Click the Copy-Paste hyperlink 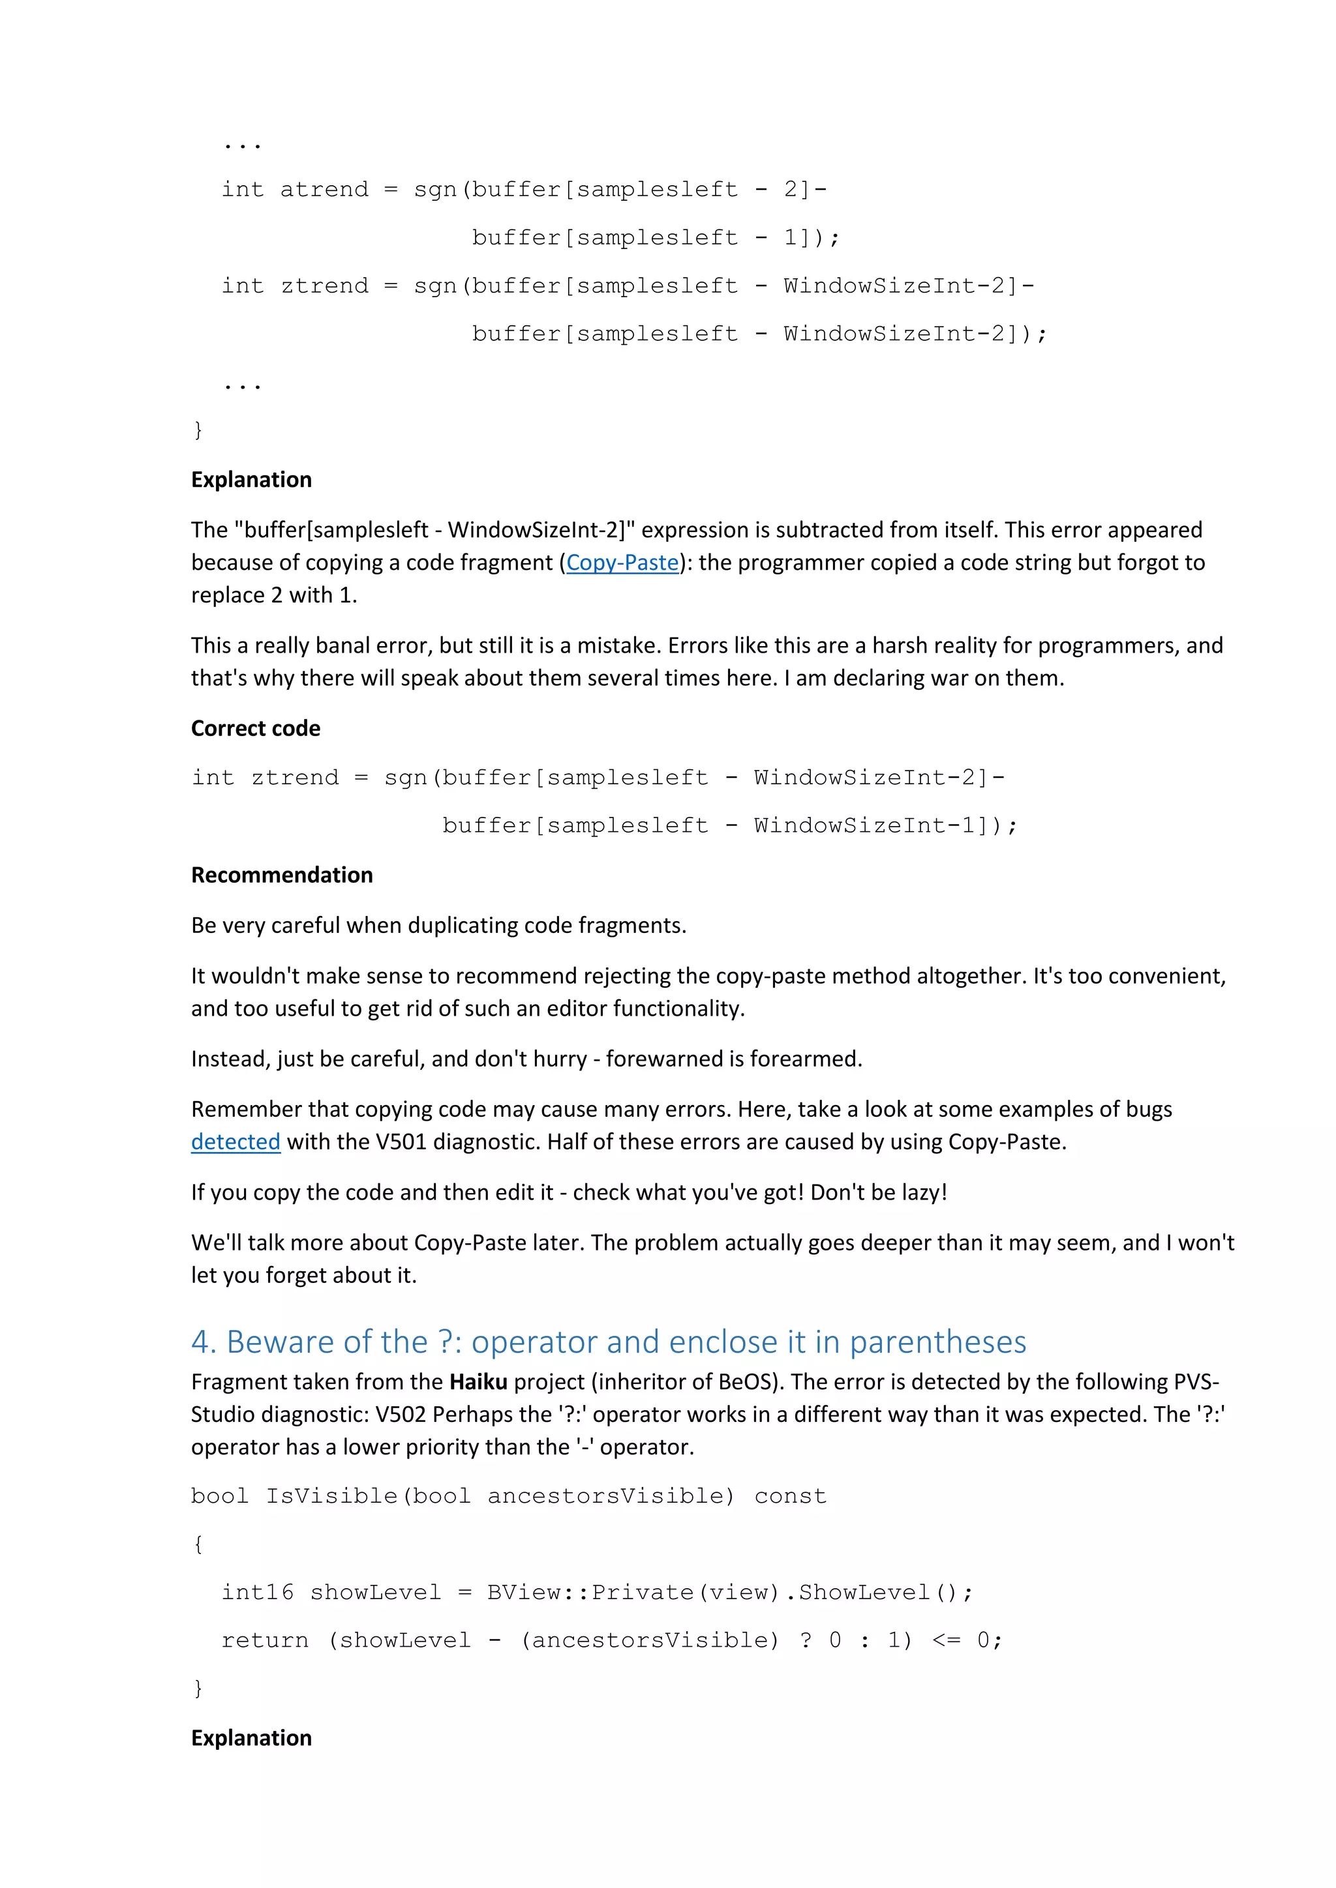(623, 563)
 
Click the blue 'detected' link (235, 1142)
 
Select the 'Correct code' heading (256, 729)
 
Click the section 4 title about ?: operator (608, 1341)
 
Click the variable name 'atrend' (324, 190)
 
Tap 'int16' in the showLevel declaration (256, 1592)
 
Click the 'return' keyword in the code (265, 1640)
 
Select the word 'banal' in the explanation (344, 645)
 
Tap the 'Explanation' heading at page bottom (251, 1737)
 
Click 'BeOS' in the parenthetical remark (744, 1381)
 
